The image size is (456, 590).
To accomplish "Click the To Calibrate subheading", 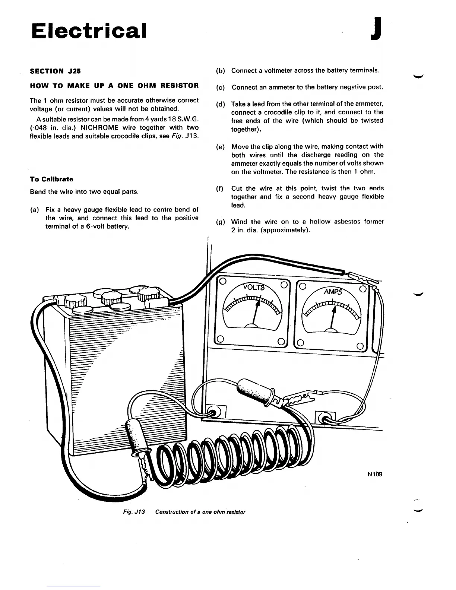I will tap(51, 179).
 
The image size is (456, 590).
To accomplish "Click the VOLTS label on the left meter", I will tap(253, 287).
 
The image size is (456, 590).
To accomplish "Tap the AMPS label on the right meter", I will tap(333, 291).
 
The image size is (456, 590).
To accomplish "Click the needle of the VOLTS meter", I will tap(255, 314).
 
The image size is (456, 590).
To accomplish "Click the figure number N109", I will tap(375, 474).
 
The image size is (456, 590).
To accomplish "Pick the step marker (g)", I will tap(220, 222).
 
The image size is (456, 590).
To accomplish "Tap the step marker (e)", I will tap(220, 147).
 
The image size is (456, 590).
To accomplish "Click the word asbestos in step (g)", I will tap(345, 222).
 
